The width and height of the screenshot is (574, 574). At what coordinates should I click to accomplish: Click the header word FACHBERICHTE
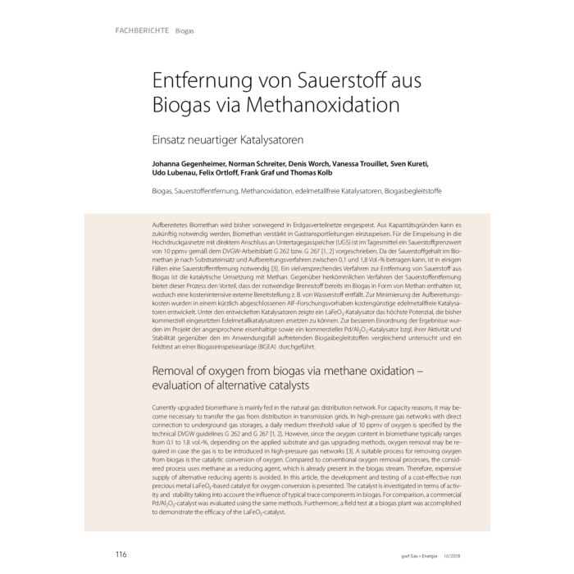click(136, 32)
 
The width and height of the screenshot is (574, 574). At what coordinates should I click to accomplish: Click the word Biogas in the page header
click(184, 32)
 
